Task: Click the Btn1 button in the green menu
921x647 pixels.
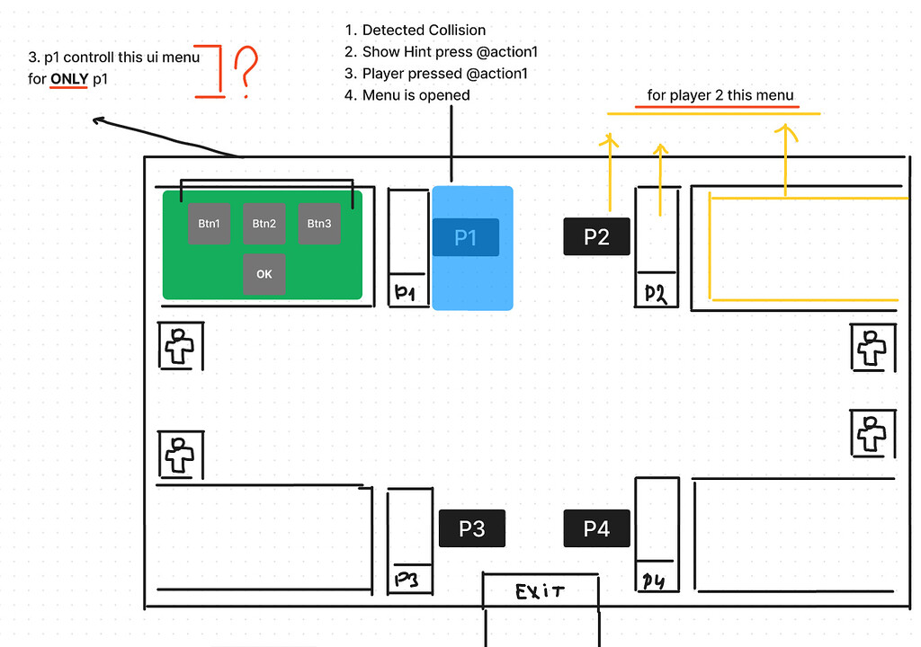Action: tap(209, 224)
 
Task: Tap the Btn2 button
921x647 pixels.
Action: tap(264, 224)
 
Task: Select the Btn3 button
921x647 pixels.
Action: tap(319, 224)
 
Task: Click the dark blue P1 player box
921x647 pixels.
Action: tap(465, 237)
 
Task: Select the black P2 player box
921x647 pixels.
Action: tap(596, 236)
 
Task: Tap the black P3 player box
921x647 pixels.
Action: tap(471, 528)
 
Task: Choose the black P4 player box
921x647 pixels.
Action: tap(596, 528)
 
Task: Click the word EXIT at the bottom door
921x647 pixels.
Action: tap(540, 591)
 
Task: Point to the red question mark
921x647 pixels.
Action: tap(245, 72)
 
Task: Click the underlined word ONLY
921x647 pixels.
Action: tap(69, 79)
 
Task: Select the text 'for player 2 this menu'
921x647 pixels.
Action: tap(720, 96)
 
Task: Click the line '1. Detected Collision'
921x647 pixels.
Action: tap(415, 31)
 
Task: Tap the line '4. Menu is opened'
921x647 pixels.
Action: tap(407, 95)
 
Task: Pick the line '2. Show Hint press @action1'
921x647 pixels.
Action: tap(441, 52)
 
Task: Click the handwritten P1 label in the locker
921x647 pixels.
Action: tap(407, 292)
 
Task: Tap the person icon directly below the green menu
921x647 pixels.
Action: tap(180, 346)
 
